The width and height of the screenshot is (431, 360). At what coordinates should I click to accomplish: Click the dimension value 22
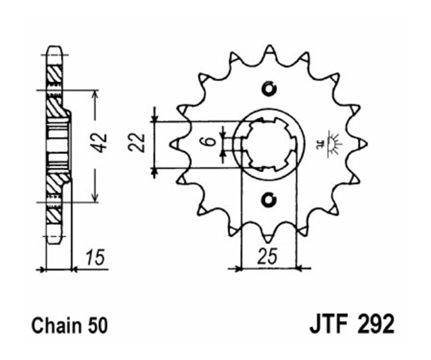click(138, 142)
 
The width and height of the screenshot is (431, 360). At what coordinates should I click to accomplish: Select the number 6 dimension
click(204, 142)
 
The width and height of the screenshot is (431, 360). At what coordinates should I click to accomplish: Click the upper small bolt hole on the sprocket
click(269, 89)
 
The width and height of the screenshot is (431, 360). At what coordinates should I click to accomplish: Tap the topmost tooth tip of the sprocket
click(270, 48)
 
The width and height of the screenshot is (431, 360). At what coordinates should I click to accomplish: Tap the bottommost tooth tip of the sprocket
click(269, 238)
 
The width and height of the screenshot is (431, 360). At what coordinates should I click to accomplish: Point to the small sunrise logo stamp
click(331, 143)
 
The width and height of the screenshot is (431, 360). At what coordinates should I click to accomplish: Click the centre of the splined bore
click(269, 144)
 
